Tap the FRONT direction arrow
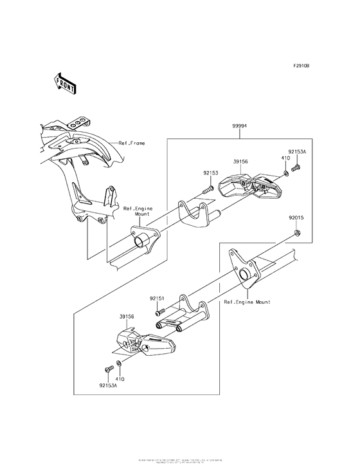point(66,82)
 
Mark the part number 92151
point(159,299)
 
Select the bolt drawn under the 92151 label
point(161,311)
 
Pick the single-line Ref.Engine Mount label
point(247,302)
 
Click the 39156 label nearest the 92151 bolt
point(127,317)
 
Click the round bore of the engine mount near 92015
point(246,275)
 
